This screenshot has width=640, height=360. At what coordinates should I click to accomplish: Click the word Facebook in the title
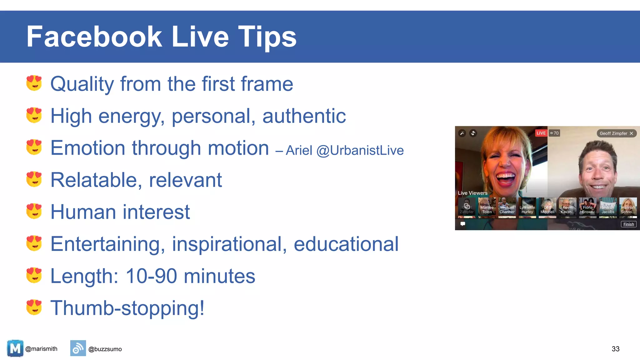click(94, 37)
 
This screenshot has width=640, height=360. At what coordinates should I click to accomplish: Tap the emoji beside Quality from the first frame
click(34, 83)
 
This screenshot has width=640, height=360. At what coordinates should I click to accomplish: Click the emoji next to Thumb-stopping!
click(34, 307)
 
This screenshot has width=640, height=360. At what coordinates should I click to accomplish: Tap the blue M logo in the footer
click(15, 348)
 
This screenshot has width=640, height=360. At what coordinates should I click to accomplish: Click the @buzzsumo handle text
click(105, 349)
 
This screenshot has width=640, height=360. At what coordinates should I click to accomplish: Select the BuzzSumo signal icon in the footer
click(78, 348)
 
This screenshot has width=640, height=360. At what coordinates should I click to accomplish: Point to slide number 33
click(615, 349)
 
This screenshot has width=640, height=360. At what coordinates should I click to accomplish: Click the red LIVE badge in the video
click(541, 133)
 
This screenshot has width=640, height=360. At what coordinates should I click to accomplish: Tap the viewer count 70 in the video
click(555, 133)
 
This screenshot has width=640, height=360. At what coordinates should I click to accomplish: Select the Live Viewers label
click(472, 193)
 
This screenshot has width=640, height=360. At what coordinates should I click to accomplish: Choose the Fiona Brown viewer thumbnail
click(587, 207)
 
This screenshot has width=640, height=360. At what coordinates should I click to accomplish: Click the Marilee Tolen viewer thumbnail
click(487, 207)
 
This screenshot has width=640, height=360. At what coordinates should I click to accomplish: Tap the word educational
click(346, 244)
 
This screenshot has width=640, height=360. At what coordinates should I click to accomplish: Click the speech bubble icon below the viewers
click(463, 224)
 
